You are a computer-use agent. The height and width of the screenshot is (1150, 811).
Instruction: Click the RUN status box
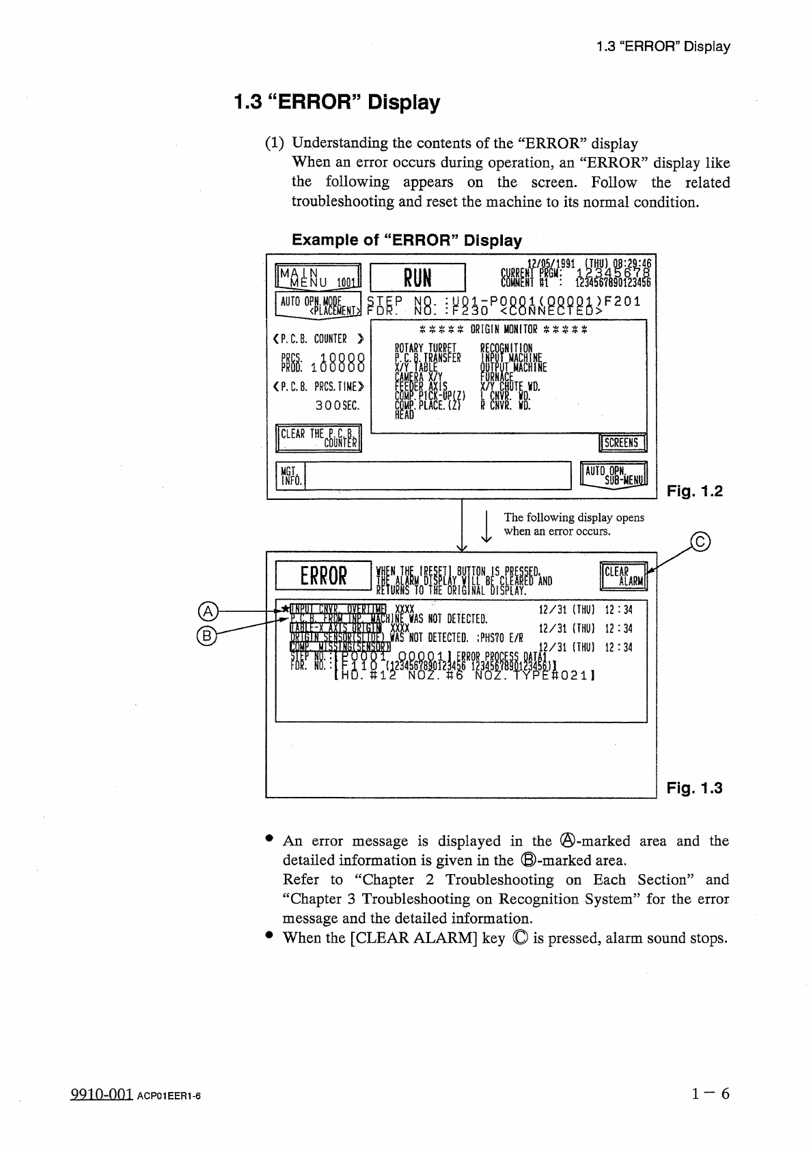[417, 278]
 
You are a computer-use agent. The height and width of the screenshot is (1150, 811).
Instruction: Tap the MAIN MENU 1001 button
[318, 277]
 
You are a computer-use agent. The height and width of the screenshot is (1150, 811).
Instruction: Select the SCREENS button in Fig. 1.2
[622, 443]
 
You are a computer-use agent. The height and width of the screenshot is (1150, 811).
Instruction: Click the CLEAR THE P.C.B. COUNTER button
[318, 438]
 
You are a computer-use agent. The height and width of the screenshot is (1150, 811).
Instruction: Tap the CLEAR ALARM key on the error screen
[622, 576]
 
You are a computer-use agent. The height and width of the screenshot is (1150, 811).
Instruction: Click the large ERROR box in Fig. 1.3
[323, 576]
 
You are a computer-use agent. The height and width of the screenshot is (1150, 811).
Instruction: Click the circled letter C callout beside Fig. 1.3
[700, 543]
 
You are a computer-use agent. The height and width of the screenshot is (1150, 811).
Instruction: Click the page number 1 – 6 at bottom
[711, 1093]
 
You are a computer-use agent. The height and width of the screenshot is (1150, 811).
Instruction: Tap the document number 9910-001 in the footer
[101, 1094]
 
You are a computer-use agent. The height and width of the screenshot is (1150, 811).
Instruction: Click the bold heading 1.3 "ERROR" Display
[337, 102]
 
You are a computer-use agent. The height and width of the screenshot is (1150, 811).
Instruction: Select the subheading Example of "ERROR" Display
[407, 240]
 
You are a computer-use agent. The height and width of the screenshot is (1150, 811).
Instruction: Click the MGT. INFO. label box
[290, 475]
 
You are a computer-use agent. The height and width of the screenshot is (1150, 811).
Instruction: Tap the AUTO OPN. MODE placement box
[318, 306]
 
